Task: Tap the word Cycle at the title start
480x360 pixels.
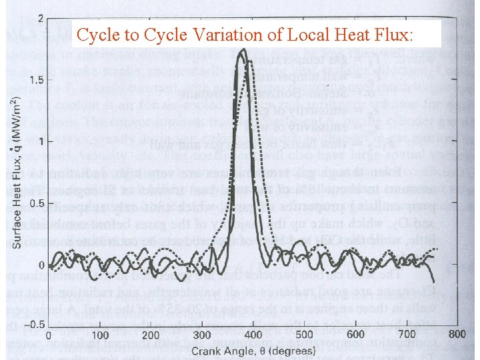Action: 97,35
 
